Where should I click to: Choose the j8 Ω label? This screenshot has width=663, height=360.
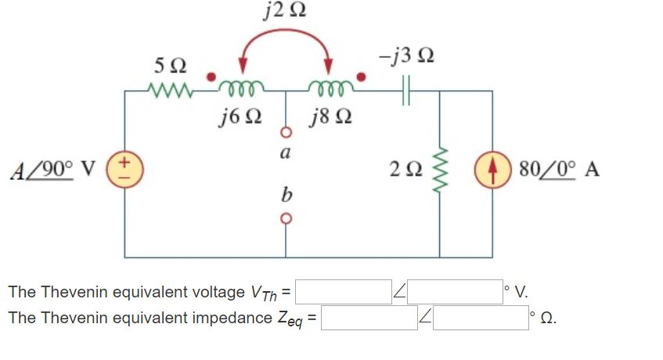(x=330, y=117)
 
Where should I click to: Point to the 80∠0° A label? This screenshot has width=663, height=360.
(x=559, y=170)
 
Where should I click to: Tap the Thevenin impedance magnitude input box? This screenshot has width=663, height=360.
(x=369, y=318)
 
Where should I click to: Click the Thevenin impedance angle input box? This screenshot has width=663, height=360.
(x=481, y=318)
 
